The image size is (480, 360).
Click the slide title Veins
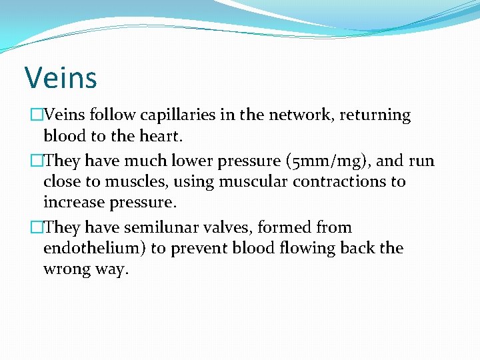coord(61,77)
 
